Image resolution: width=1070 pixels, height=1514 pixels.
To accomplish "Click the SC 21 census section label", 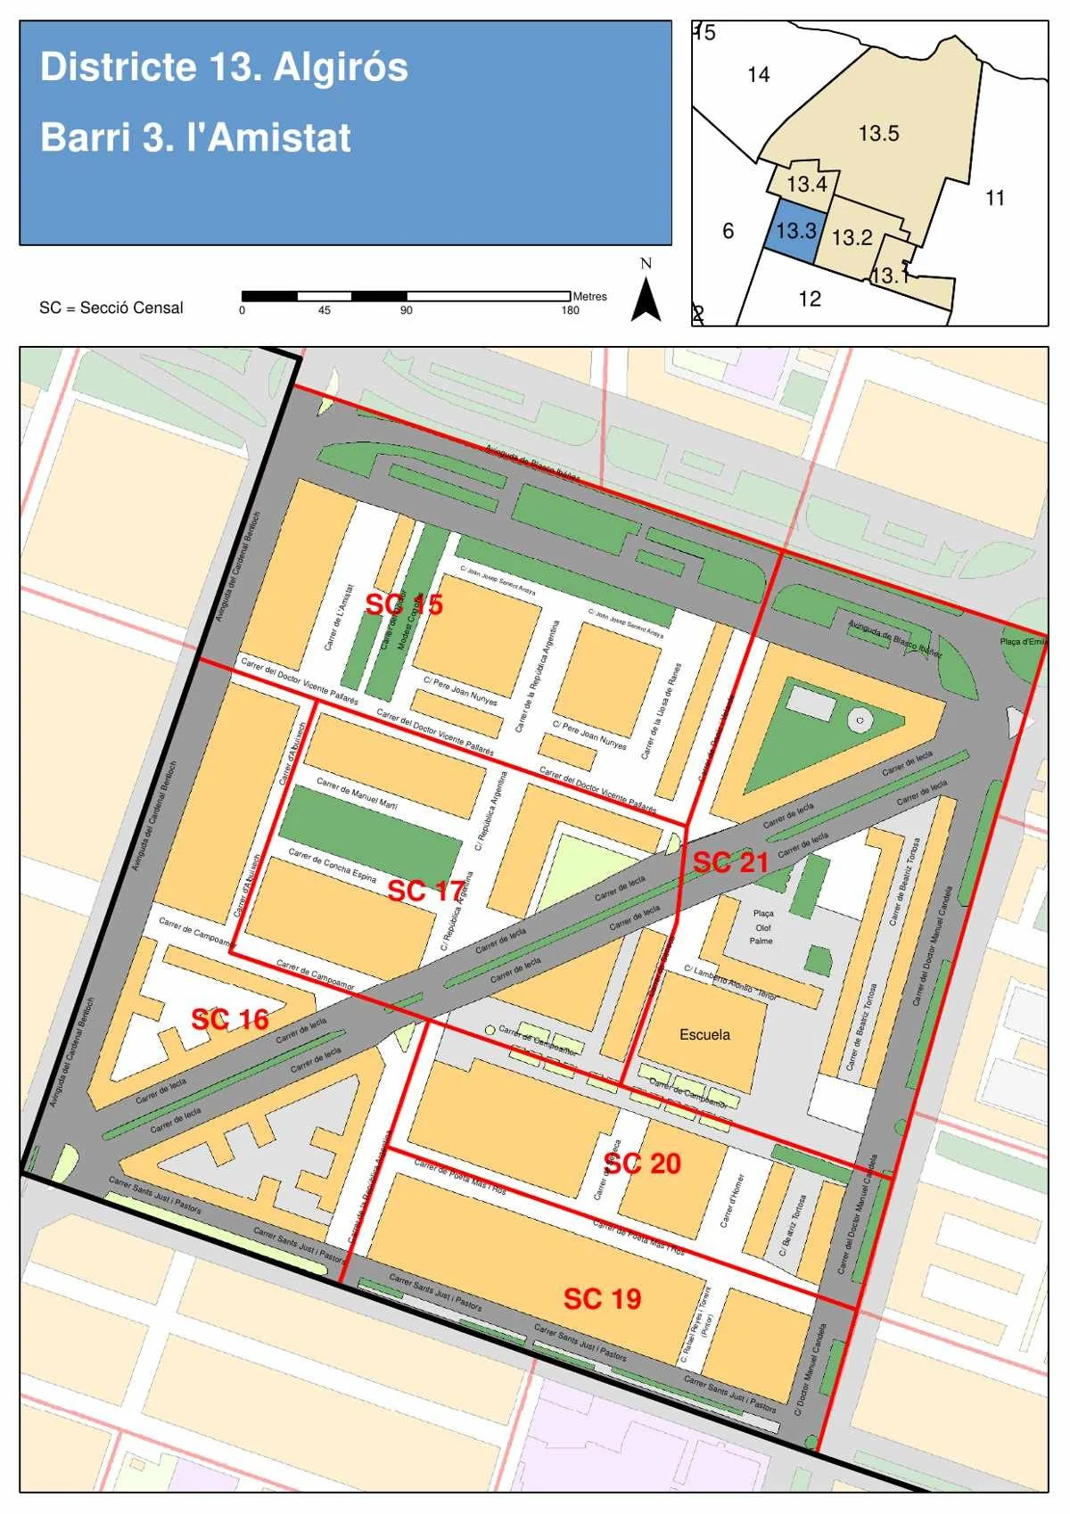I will coord(730,862).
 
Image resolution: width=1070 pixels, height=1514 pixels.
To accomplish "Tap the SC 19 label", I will coord(602,1298).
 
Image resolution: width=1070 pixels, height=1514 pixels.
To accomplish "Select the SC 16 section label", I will coord(229,1019).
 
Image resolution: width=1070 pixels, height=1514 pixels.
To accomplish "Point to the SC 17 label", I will coord(425,890).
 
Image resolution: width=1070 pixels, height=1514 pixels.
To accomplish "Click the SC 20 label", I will coord(642,1164).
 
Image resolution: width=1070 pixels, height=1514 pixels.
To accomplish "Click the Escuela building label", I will coord(704,1034).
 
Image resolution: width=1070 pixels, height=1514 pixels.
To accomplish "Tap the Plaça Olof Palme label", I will coord(762,927).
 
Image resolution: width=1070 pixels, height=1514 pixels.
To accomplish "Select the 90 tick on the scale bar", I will coord(407,310).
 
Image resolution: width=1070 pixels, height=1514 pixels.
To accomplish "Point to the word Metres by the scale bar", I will coord(589,296).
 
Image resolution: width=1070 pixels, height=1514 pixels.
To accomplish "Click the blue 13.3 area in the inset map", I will coord(794,231).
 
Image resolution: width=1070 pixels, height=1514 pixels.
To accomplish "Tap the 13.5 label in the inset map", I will coord(878,134).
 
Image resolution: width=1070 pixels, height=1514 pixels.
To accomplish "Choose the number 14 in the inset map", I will coord(758,75).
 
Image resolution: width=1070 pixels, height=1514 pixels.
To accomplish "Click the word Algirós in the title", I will coord(341,67).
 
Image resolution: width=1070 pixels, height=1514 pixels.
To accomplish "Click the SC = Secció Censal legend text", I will coord(111,308).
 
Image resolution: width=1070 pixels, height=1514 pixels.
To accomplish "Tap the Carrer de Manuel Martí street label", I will coord(357,793).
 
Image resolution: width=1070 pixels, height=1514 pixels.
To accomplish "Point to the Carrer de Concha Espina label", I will coord(332,866).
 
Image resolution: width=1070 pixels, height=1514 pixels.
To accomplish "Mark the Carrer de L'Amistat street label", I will coord(338,617).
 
